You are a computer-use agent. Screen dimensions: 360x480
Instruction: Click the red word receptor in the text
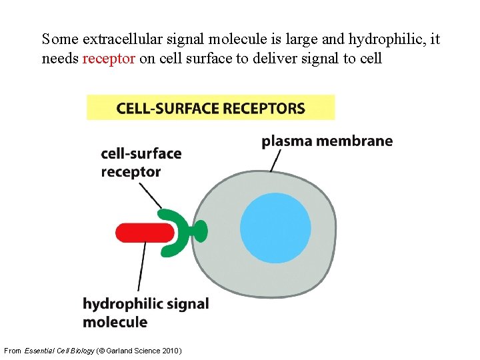[109, 59]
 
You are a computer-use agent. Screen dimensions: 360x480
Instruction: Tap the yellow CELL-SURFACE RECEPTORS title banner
[211, 108]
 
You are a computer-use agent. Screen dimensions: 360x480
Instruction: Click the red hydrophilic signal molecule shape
[144, 233]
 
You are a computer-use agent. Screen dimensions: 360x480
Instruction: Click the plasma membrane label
[327, 141]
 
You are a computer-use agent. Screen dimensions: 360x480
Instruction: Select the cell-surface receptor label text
[141, 163]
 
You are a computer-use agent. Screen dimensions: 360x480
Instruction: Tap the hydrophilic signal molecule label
[145, 313]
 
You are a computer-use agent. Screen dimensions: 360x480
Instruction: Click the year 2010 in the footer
[171, 351]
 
